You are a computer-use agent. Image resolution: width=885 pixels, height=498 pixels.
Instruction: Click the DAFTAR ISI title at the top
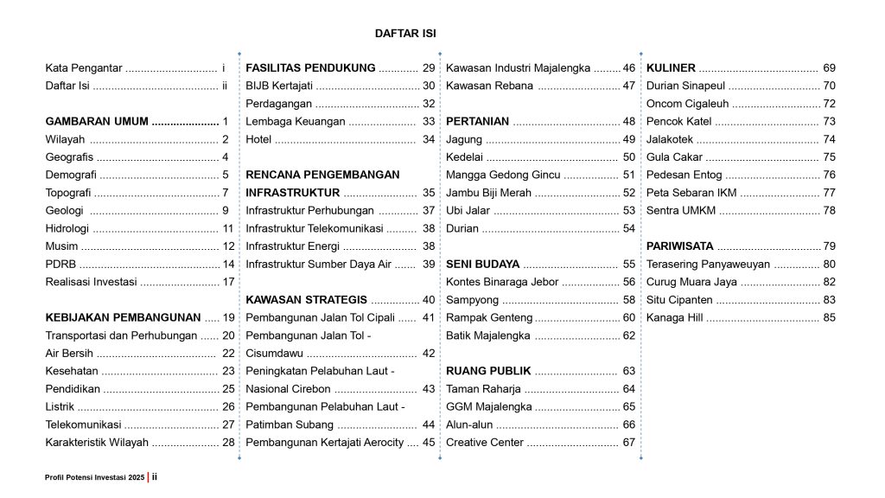coord(404,34)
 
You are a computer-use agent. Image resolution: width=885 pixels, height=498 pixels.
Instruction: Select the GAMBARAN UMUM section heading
coord(97,121)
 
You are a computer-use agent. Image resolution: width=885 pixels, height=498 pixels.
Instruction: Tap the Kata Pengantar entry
coord(84,67)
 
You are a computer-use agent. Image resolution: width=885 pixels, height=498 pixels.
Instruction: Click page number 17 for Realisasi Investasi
coord(228,282)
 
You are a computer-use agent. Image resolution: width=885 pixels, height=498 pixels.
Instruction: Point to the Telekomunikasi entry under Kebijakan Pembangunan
coord(83,425)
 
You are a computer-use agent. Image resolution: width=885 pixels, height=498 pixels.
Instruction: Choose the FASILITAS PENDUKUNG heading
coord(310,67)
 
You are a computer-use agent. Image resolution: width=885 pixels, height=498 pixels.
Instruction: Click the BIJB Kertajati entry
coord(279,86)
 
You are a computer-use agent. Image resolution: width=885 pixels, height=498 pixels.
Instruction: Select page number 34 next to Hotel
coord(429,139)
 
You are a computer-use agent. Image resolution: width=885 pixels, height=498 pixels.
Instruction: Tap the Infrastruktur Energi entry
coord(287,246)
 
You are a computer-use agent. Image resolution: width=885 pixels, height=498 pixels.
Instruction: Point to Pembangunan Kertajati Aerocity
coord(325,443)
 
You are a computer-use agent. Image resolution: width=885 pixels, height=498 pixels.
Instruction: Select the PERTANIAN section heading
coord(477,121)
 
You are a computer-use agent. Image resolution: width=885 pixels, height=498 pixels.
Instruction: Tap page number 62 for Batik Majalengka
coord(628,335)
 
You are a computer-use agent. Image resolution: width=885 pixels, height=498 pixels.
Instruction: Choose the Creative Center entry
coord(485,443)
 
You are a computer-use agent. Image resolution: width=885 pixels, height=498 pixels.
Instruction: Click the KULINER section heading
coord(670,67)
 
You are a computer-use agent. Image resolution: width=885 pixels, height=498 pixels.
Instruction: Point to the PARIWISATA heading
coord(680,246)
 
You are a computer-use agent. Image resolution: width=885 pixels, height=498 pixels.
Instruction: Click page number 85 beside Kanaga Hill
coord(829,317)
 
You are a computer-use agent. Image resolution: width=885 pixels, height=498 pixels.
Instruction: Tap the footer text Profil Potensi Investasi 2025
coord(95,477)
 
